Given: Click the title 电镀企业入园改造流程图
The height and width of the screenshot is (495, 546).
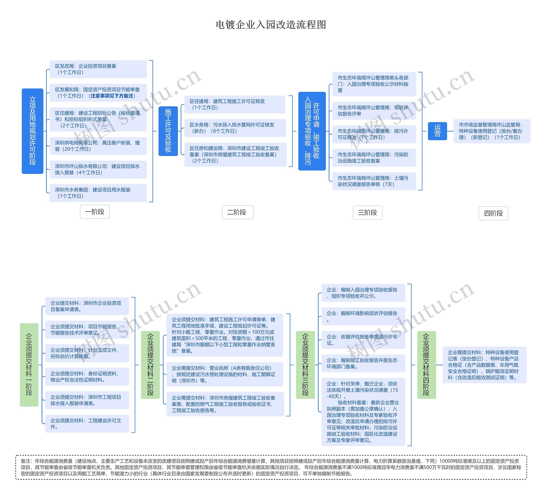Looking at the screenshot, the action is pos(271,25).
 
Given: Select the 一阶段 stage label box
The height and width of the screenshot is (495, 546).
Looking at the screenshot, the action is pos(95,212).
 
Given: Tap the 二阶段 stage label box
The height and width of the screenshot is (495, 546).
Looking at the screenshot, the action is pos(237,212).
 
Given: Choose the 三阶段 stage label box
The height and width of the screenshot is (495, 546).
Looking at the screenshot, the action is pos(367,212).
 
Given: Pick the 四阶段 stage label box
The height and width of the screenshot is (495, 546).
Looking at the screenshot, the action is pos(493,213).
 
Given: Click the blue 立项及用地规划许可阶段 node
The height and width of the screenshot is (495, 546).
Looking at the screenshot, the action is pos(32,131).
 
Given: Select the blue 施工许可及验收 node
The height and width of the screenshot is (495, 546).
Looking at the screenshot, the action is pos(168,131).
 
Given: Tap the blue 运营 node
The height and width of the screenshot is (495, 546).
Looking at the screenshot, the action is pos(437,131).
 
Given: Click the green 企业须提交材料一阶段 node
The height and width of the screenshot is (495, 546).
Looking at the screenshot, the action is pos(29,365).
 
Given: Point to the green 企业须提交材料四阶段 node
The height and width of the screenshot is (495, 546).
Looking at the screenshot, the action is pos(426,365).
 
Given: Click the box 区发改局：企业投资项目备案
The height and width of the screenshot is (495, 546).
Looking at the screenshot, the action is pos(98,69).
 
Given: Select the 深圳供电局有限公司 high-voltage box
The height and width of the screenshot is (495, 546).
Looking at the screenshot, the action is pos(98,146).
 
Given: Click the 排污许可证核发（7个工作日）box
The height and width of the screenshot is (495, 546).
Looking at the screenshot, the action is pos(374,134).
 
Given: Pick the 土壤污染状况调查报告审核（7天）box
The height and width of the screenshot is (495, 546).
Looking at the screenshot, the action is pos(374,181).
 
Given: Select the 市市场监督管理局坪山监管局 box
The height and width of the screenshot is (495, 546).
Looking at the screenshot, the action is pos(492,131).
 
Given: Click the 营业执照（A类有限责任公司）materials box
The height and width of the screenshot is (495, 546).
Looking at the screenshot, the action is pos(225,374).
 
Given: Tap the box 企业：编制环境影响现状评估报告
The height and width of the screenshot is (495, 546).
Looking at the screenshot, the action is pos(363,316).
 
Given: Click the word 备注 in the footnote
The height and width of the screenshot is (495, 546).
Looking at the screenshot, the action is pos(26,461).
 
